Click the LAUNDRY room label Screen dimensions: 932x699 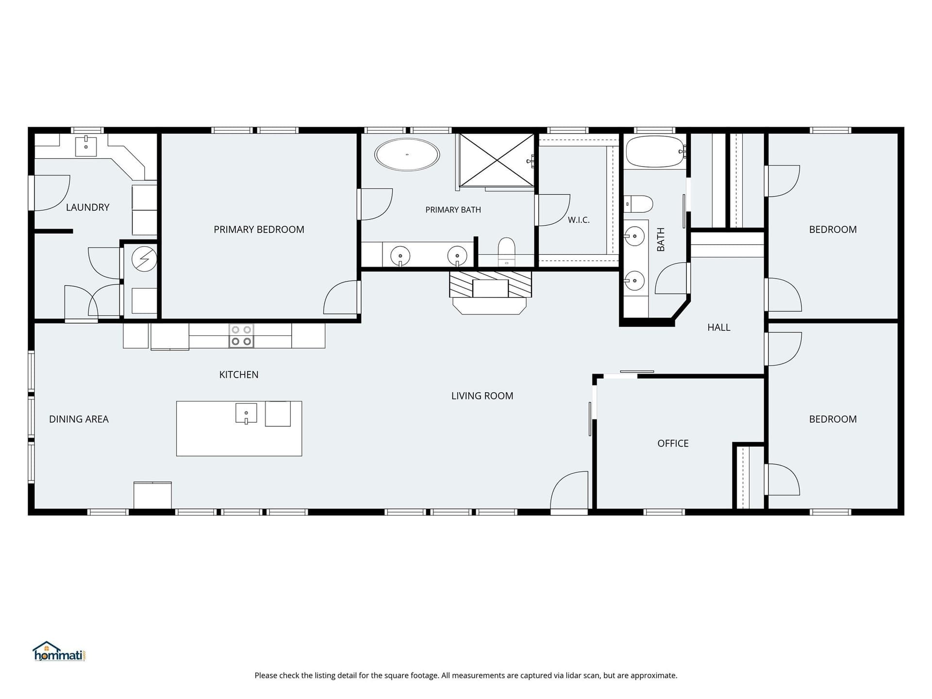(x=87, y=207)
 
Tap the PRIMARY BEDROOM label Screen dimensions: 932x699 (x=259, y=229)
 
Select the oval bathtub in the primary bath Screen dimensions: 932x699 (x=407, y=154)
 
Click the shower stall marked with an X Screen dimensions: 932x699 (x=497, y=160)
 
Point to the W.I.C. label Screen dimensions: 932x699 (x=579, y=220)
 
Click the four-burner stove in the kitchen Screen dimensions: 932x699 (x=241, y=335)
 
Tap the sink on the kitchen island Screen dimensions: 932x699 (x=246, y=413)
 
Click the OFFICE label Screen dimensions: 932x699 (x=673, y=443)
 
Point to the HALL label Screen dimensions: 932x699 (x=719, y=328)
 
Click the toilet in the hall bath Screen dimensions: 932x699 (x=638, y=204)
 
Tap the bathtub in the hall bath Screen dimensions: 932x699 (x=655, y=151)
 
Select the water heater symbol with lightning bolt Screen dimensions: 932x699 (x=144, y=259)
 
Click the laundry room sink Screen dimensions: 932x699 (x=86, y=146)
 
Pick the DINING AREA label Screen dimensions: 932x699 (x=79, y=419)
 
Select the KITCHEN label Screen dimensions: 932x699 (x=239, y=375)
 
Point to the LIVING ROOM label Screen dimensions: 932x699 (x=482, y=396)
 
